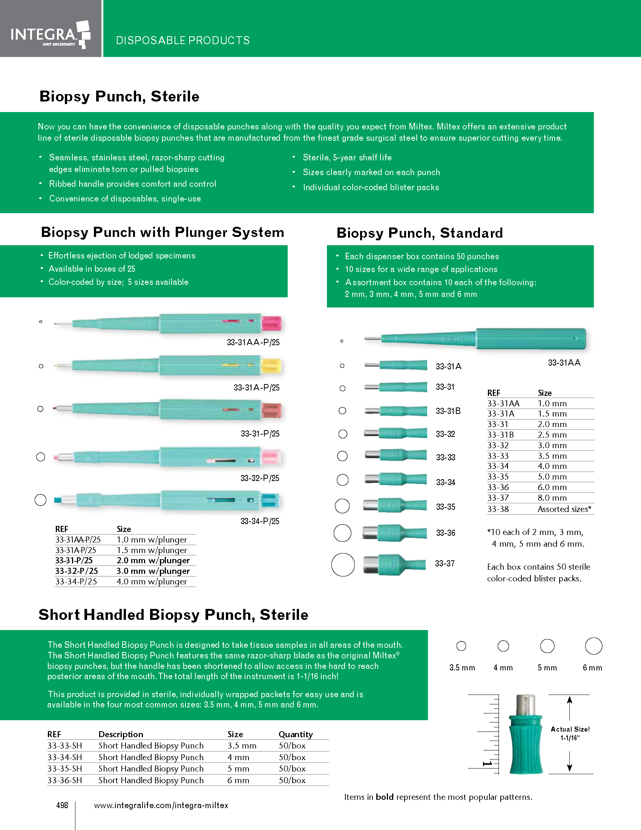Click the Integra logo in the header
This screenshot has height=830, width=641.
pyautogui.click(x=50, y=34)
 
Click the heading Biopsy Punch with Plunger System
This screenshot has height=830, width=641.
pyautogui.click(x=163, y=232)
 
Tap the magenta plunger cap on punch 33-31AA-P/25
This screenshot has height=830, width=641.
pyautogui.click(x=271, y=323)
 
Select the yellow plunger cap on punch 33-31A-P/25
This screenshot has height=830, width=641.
pyautogui.click(x=271, y=366)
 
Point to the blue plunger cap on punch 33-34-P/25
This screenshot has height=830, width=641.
pyautogui.click(x=270, y=501)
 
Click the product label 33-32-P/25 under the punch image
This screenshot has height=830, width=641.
pyautogui.click(x=260, y=478)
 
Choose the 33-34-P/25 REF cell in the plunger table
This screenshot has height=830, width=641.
pyautogui.click(x=76, y=581)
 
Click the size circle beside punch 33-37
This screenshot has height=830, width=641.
pyautogui.click(x=343, y=565)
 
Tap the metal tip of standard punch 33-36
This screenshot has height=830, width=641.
pyautogui.click(x=370, y=533)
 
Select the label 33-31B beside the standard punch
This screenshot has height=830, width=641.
pyautogui.click(x=448, y=411)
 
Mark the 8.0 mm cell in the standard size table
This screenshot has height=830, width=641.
pyautogui.click(x=552, y=498)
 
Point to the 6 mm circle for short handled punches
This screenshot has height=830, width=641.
pyautogui.click(x=593, y=646)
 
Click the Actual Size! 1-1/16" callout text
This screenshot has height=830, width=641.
pyautogui.click(x=570, y=733)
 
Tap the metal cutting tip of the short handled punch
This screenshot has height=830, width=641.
pyautogui.click(x=526, y=705)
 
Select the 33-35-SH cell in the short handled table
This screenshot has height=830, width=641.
pyautogui.click(x=64, y=769)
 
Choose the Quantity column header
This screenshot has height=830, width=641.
pyautogui.click(x=296, y=735)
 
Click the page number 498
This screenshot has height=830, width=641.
pyautogui.click(x=62, y=805)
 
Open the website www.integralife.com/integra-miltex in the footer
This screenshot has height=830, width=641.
pyautogui.click(x=161, y=805)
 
